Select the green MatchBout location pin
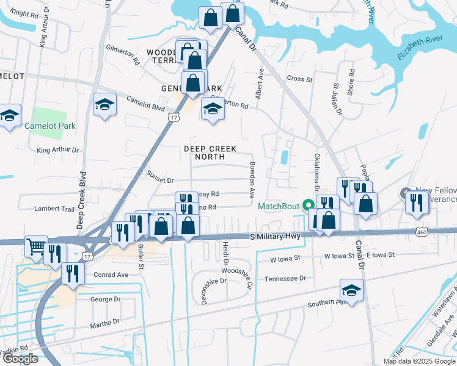(309, 206)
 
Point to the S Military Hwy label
(276, 236)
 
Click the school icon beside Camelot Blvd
(104, 104)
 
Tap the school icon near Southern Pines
(351, 290)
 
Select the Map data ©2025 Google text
(419, 361)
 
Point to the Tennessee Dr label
(285, 278)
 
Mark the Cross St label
(299, 79)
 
